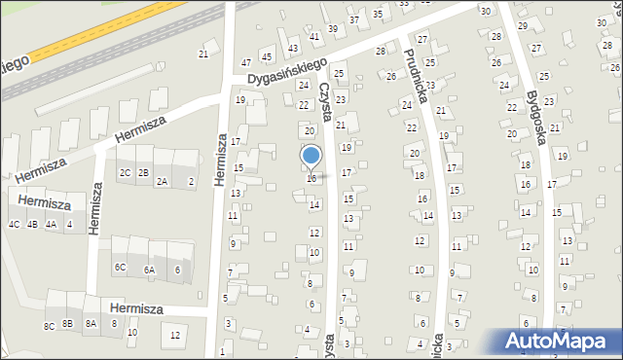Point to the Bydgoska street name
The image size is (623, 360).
[x=531, y=106]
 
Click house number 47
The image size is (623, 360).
[x=245, y=62]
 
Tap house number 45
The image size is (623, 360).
[x=266, y=57]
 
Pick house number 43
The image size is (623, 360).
[x=293, y=48]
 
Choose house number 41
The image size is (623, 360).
[x=313, y=36]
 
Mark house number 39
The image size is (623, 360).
[x=332, y=28]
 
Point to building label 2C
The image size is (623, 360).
[x=125, y=173]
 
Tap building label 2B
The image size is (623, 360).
[x=143, y=173]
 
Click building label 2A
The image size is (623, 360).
[x=162, y=182]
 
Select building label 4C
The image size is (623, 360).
[x=14, y=224]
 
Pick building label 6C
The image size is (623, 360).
[x=119, y=267]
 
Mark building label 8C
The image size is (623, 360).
[x=49, y=326]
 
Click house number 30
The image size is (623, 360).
[x=485, y=10]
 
